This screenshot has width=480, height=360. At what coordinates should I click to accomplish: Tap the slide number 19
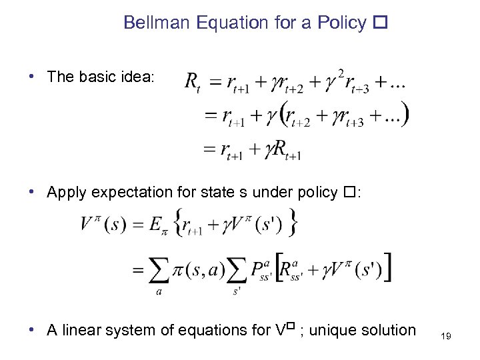(x=446, y=337)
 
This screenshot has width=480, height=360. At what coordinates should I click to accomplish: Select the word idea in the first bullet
(x=137, y=77)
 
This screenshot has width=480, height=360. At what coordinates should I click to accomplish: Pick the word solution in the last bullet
(x=387, y=330)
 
